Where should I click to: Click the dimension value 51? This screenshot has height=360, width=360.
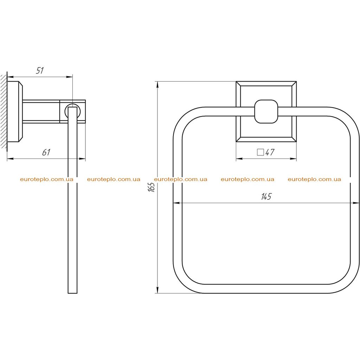(x=40, y=70)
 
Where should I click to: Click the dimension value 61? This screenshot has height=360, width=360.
(x=46, y=152)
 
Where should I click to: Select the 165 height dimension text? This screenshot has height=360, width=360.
(x=152, y=187)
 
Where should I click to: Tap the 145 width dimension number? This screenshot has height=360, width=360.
(x=266, y=197)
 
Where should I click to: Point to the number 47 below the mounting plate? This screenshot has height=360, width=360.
(x=270, y=152)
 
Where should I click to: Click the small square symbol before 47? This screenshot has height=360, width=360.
(x=261, y=152)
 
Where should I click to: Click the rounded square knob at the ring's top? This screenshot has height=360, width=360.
(x=266, y=111)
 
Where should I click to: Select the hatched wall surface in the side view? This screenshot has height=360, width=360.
(x=4, y=111)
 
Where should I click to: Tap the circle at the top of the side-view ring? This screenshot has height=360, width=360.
(x=72, y=111)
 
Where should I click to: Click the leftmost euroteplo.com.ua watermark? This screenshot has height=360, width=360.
(x=47, y=179)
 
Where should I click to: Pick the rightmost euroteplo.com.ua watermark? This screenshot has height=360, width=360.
(x=314, y=179)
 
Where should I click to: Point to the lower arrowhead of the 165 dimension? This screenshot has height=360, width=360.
(x=157, y=290)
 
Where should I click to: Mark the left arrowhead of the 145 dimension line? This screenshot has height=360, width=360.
(x=176, y=203)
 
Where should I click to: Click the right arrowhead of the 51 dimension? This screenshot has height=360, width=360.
(x=69, y=77)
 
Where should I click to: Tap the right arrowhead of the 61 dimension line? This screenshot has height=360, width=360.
(x=82, y=159)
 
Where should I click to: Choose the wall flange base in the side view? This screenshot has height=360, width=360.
(x=15, y=111)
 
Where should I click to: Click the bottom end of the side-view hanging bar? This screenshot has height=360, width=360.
(x=72, y=293)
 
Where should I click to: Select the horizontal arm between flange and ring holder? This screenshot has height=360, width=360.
(x=41, y=111)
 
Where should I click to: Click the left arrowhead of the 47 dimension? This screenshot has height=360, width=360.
(x=239, y=159)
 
